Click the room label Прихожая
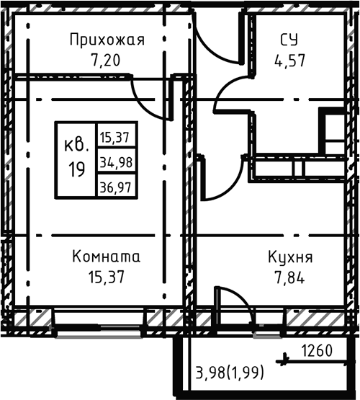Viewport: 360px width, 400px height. [107, 40]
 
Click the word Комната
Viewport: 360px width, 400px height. [107, 257]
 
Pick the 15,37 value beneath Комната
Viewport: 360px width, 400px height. [107, 276]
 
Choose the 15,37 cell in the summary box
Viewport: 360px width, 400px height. [115, 135]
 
